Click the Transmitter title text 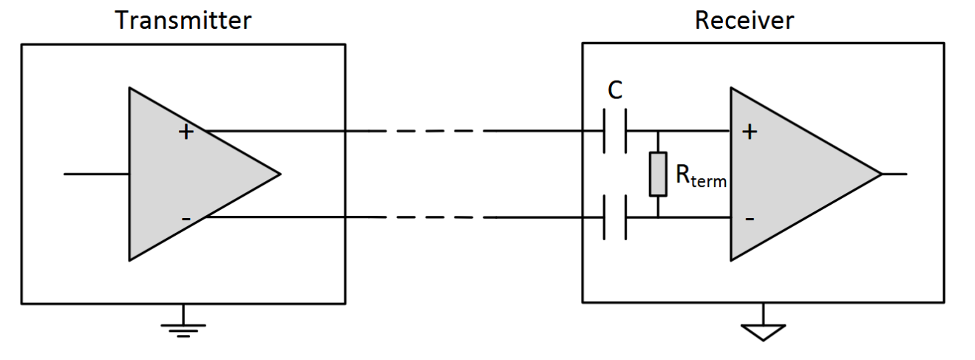pyautogui.click(x=183, y=20)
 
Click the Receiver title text pyautogui.click(x=744, y=20)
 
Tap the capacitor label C pyautogui.click(x=614, y=90)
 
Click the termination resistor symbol pyautogui.click(x=658, y=174)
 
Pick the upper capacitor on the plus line pyautogui.click(x=614, y=131)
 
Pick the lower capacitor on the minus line pyautogui.click(x=614, y=217)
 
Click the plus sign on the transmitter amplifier pyautogui.click(x=186, y=132)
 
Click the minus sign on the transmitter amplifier pyautogui.click(x=186, y=218)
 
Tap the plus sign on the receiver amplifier pyautogui.click(x=750, y=132)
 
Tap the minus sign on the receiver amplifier pyautogui.click(x=750, y=219)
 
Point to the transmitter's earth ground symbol pyautogui.click(x=183, y=326)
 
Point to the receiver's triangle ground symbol pyautogui.click(x=763, y=331)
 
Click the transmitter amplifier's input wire pyautogui.click(x=96, y=174)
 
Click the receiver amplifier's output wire pyautogui.click(x=894, y=174)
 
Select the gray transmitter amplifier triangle pyautogui.click(x=177, y=174)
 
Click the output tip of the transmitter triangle pyautogui.click(x=279, y=174)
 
